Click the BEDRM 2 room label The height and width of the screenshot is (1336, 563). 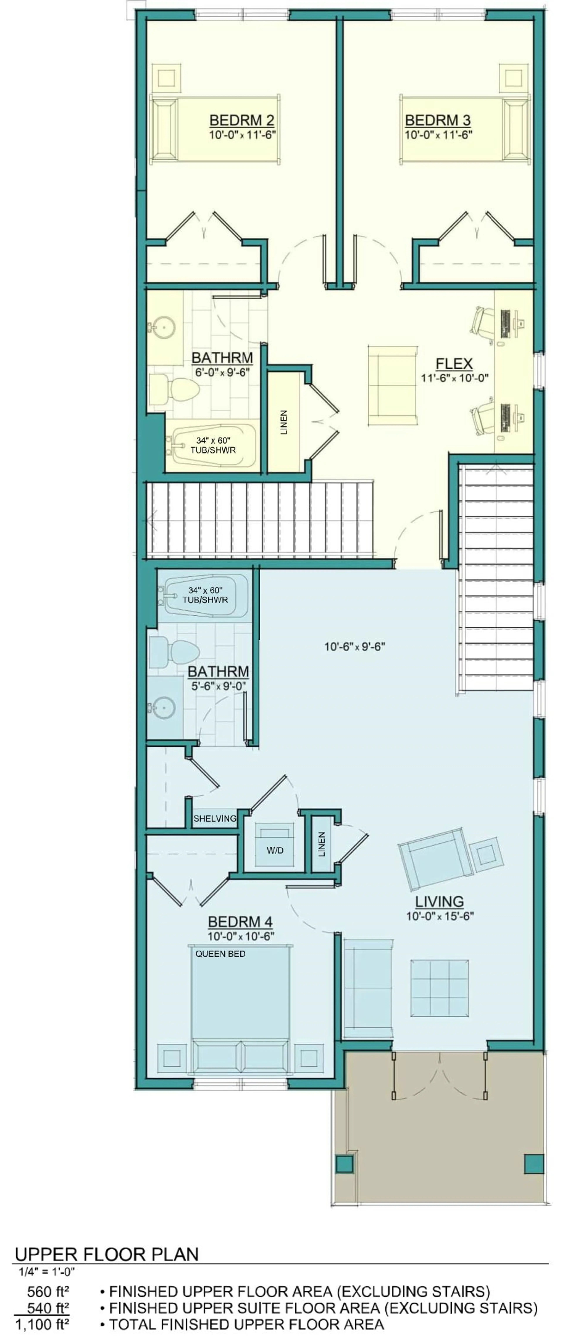pyautogui.click(x=242, y=120)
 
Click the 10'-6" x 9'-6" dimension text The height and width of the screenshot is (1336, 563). pyautogui.click(x=355, y=647)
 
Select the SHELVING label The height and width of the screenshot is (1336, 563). pyautogui.click(x=215, y=818)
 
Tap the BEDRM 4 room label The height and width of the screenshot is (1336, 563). pyautogui.click(x=240, y=922)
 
